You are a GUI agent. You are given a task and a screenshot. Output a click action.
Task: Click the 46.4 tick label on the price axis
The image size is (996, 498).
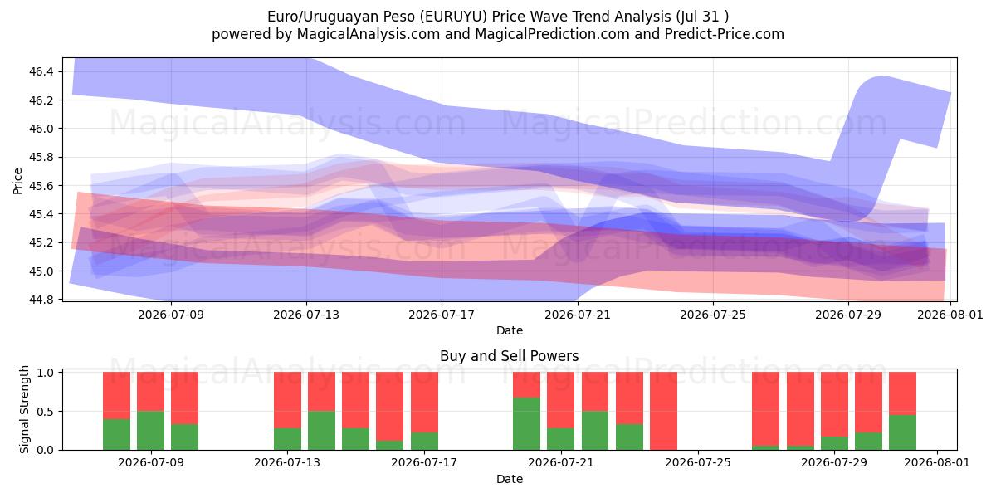[x=41, y=71]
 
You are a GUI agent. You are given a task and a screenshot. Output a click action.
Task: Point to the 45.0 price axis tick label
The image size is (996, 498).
[x=41, y=271]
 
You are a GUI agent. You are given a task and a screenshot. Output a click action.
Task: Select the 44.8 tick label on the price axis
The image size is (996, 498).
[x=41, y=300]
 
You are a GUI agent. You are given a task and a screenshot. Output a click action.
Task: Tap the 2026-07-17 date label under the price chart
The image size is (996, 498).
[x=442, y=315]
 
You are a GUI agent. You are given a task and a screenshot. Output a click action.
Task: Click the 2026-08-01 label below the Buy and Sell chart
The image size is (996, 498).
[x=937, y=462]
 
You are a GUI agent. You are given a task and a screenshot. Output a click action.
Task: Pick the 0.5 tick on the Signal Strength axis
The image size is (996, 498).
[x=46, y=412]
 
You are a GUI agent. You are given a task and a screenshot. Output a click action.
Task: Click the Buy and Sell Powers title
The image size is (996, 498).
[x=510, y=356]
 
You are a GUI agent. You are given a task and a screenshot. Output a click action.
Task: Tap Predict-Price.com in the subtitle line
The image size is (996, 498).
[x=725, y=34]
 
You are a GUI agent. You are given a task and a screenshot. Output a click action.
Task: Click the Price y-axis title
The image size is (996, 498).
[x=17, y=181]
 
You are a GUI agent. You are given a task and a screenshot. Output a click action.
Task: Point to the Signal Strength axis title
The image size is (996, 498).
[x=24, y=409]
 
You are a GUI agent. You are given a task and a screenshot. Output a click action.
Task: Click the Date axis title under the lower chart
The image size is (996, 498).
[x=510, y=479]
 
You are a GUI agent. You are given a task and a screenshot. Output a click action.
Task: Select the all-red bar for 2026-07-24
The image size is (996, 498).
[x=663, y=411]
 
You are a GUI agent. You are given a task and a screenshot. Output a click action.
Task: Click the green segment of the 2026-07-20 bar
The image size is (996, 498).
[x=526, y=424]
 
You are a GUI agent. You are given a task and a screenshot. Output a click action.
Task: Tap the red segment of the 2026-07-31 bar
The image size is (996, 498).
[x=903, y=393]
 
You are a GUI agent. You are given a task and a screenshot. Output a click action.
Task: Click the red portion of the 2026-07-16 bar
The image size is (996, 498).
[x=389, y=407]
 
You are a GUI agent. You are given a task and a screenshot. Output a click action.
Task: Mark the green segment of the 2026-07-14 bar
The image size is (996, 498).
[x=321, y=431]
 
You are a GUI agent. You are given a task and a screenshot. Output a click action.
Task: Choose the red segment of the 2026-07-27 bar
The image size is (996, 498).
[x=765, y=409]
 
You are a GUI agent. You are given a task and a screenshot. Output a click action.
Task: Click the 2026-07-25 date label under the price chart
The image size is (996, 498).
[x=713, y=315]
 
